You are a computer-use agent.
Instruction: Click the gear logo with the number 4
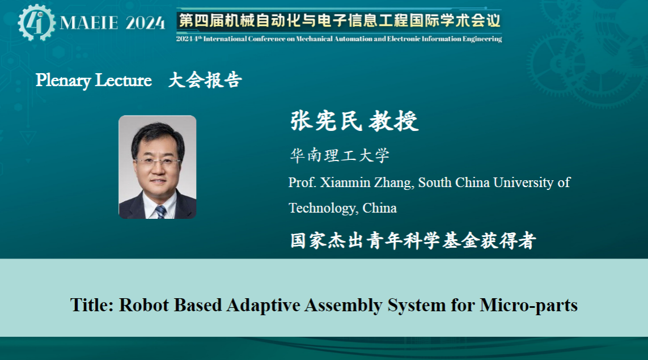[x=36, y=22]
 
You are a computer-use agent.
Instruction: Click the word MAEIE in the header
[x=89, y=23]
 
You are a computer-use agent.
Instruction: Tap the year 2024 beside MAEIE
[x=145, y=23]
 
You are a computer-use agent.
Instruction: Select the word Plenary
[x=63, y=80]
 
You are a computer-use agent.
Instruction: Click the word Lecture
[x=123, y=80]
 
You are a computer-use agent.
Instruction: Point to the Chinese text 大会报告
[x=205, y=80]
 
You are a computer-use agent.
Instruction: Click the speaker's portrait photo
[x=158, y=167]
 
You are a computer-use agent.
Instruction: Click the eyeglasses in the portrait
[x=158, y=161]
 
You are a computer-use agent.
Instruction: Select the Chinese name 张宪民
[x=326, y=121]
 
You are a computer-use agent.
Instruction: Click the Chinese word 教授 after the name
[x=394, y=121]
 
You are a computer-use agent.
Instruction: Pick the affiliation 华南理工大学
[x=340, y=155]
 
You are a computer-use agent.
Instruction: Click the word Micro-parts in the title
[x=528, y=306]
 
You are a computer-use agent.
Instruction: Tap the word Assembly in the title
[x=344, y=306]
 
